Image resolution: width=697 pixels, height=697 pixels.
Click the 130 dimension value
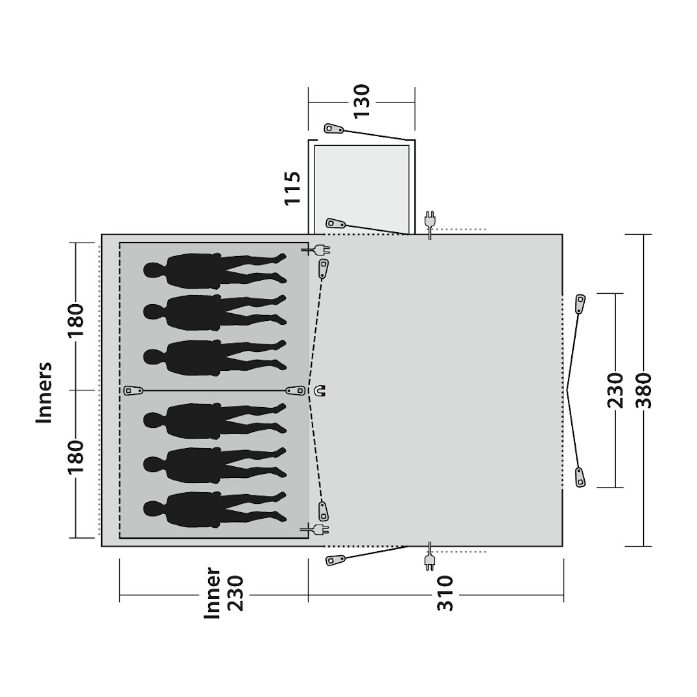(361, 101)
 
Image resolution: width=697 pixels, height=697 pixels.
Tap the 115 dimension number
(293, 187)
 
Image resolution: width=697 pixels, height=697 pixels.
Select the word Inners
(43, 392)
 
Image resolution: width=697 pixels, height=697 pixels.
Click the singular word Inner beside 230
(213, 593)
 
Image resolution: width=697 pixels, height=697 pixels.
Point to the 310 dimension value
(445, 593)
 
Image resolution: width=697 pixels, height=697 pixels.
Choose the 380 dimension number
(644, 390)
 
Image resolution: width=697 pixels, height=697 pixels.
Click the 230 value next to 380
(615, 390)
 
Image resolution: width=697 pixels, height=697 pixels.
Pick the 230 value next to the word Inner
(235, 593)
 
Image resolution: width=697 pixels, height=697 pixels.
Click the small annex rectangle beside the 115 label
(361, 186)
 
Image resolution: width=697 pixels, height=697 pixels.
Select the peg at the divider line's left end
(134, 390)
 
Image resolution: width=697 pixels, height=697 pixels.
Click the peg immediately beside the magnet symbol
(296, 390)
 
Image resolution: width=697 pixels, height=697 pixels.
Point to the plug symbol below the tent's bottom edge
(429, 561)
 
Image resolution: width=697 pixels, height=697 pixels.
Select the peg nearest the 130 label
(333, 128)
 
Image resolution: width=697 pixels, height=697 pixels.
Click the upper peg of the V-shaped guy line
(580, 303)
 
